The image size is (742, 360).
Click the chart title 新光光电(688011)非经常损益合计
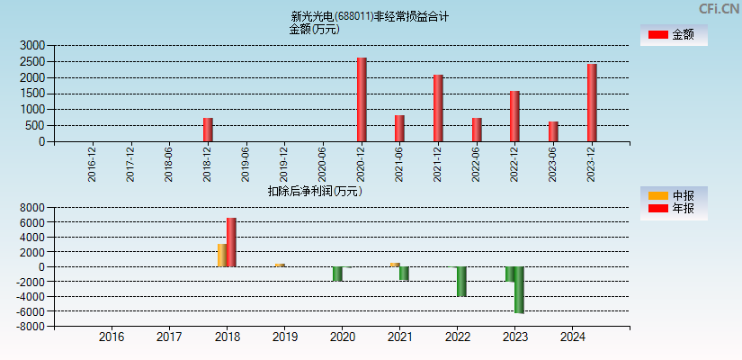coord(370,16)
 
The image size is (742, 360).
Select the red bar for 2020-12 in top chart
coord(362,99)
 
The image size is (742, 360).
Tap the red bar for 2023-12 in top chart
coord(592,103)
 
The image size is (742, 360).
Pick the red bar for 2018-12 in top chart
coord(208,130)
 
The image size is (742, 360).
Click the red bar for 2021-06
coord(399,128)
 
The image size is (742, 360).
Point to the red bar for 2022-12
coord(514,116)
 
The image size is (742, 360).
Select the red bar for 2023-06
coord(553,131)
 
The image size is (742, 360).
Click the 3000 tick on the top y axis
coord(32,45)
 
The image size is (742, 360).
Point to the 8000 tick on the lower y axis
coord(32,207)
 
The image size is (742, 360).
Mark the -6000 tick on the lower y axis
coord(31,311)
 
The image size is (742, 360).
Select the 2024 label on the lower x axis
coord(572,337)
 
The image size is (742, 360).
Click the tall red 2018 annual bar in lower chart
coord(231,242)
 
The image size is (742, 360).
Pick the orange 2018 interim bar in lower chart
coord(221,256)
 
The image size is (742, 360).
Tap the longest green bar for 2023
coord(519,289)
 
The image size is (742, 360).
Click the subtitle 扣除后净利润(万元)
coord(315,191)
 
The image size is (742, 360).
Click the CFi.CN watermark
coord(719,8)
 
